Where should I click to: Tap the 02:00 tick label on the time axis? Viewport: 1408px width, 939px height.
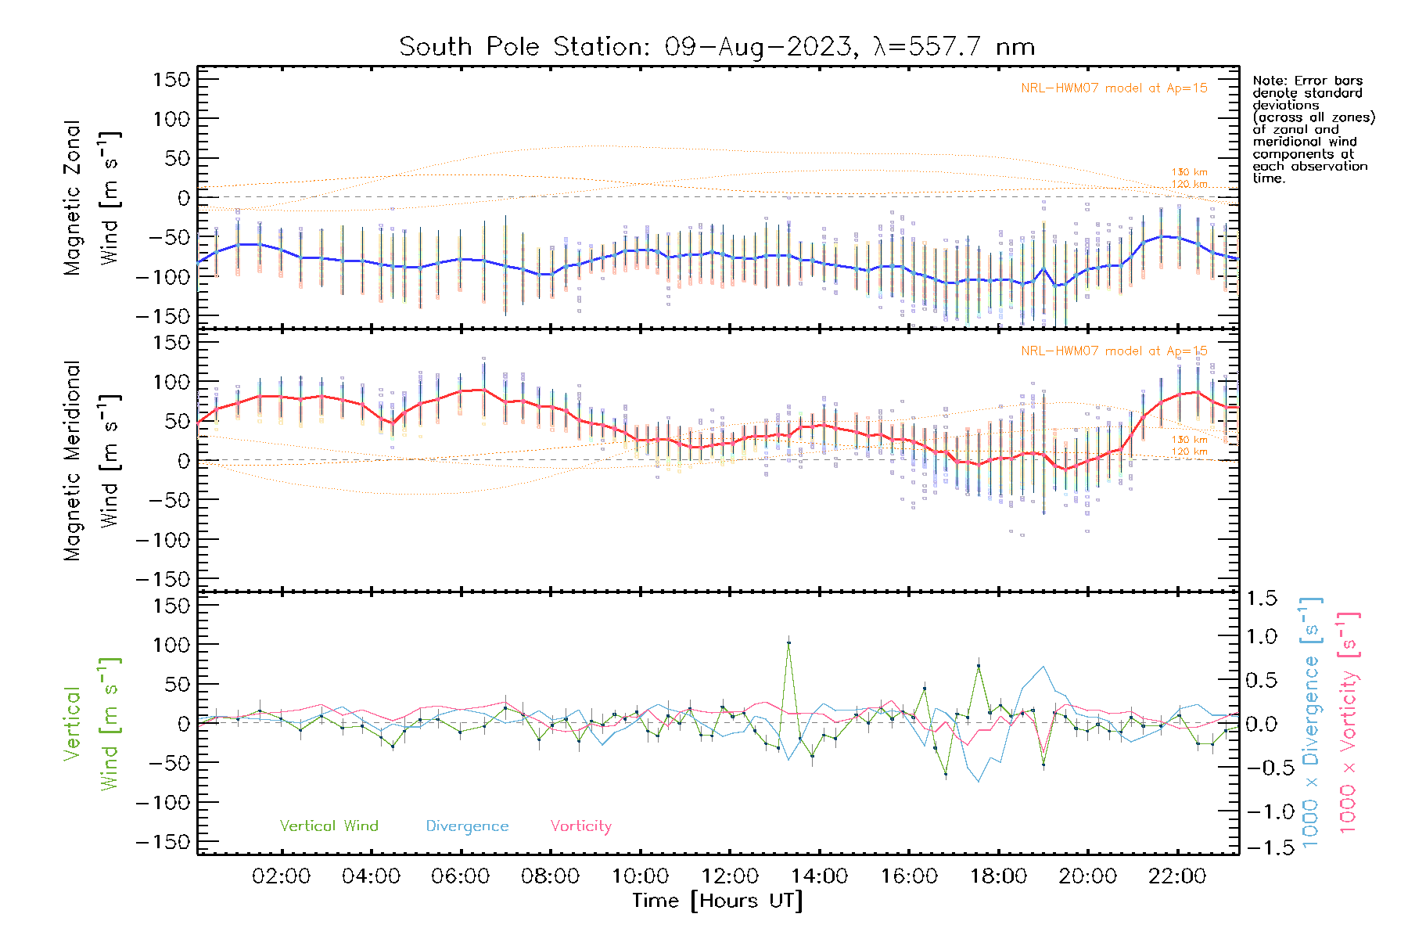(281, 876)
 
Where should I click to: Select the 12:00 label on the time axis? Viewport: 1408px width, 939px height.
(730, 876)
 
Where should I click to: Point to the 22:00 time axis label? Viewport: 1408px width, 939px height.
(1177, 876)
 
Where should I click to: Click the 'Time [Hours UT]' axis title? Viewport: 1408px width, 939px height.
(717, 901)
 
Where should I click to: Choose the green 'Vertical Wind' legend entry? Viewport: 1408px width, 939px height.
(329, 826)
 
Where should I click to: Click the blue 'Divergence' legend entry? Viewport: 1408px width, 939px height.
(467, 826)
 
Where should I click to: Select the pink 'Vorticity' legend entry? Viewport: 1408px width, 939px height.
(580, 826)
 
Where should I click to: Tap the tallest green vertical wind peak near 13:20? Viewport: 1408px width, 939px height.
(788, 642)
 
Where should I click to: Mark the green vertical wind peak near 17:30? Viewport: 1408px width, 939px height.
(979, 666)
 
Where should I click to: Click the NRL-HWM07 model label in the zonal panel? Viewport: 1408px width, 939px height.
(1114, 88)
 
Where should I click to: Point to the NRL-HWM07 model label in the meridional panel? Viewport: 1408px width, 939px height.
(1114, 351)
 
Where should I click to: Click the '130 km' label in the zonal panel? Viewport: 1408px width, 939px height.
(1189, 172)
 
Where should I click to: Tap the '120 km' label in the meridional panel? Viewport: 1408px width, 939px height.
(1189, 452)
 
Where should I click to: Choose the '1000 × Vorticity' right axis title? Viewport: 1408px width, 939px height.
(1349, 722)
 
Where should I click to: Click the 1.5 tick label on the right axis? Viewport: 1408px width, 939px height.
(1262, 599)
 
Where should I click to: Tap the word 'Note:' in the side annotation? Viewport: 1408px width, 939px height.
(1269, 81)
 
